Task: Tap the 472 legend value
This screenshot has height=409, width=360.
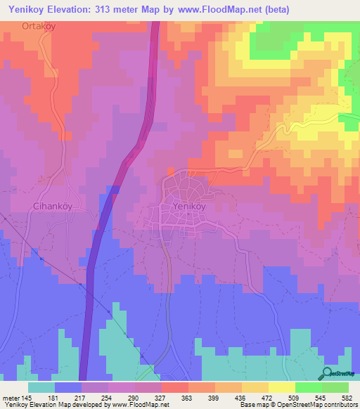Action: tap(266, 397)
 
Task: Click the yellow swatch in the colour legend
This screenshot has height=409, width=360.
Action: tap(282, 387)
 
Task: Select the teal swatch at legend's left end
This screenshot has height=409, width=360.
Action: tap(41, 387)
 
